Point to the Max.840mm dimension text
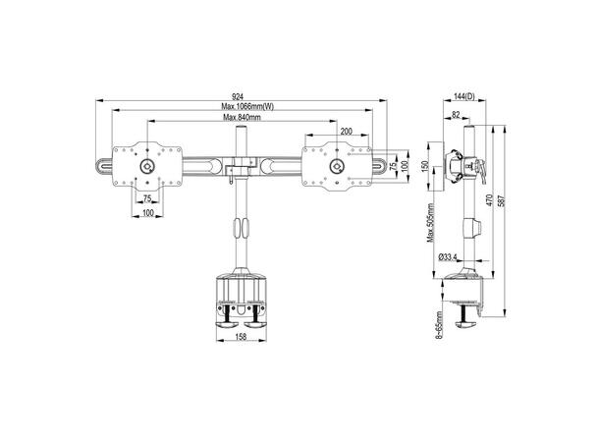[241, 119]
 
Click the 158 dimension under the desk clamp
[240, 339]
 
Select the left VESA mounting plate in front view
[147, 164]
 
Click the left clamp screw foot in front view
[225, 318]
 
